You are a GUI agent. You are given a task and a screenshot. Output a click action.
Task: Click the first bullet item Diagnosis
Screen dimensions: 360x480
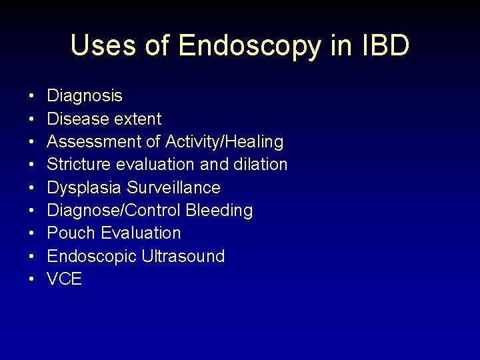coord(85,96)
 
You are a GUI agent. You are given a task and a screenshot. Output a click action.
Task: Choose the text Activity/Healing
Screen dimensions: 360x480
coord(224,142)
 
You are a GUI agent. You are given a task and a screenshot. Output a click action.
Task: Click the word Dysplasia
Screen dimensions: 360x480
coord(85,188)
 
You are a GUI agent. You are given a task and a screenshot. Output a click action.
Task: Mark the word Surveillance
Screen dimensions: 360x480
coord(174,188)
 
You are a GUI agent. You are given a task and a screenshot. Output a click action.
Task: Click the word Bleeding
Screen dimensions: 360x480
coord(219,211)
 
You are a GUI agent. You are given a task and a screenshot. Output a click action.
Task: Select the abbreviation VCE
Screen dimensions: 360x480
coord(64,279)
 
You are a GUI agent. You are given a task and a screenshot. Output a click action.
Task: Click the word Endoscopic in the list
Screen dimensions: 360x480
coord(91,256)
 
